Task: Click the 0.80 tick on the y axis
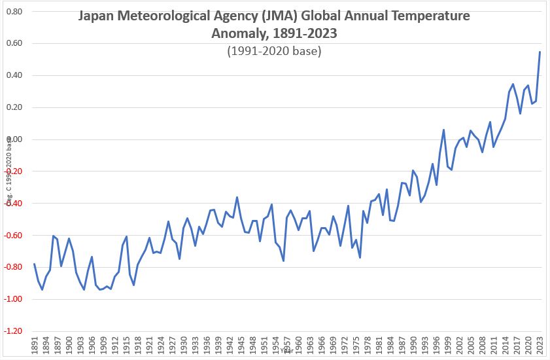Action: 13,12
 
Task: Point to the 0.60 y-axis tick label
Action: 13,44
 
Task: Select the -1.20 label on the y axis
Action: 12,331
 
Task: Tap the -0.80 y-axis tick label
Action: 12,267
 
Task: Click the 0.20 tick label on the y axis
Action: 13,107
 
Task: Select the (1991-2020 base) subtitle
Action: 274,50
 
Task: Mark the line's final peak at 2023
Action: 540,52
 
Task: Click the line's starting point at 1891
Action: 34,264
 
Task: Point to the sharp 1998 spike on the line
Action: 443,130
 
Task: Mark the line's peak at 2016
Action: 513,84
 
